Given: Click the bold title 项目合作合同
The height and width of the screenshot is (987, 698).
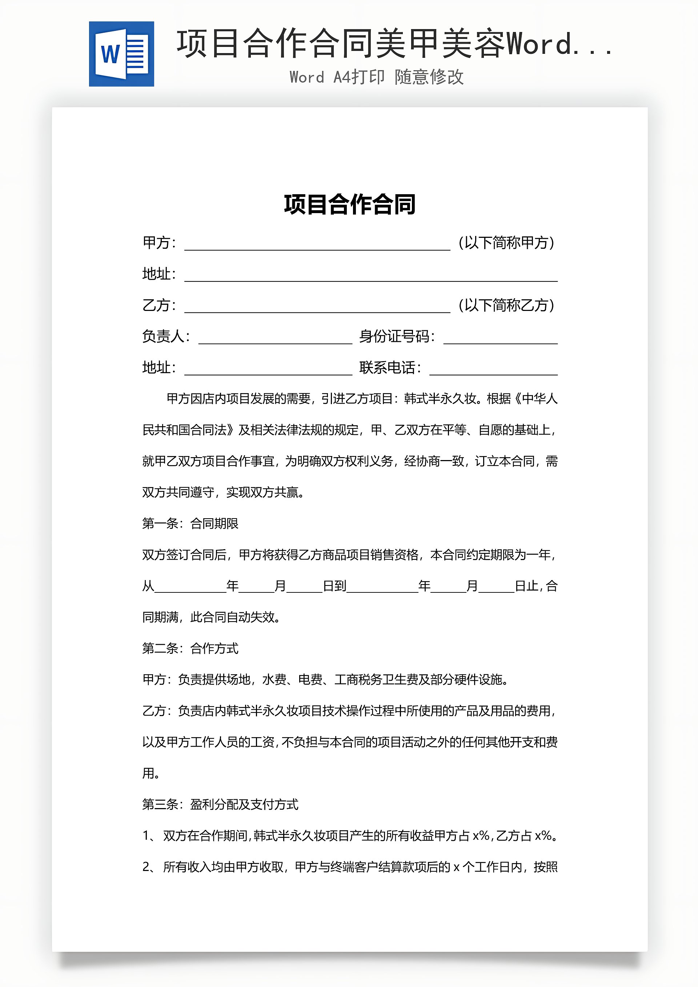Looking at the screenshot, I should (349, 205).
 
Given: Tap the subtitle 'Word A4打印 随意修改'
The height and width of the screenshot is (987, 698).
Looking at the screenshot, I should (377, 77).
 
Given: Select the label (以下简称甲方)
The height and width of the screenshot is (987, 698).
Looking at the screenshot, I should (506, 243).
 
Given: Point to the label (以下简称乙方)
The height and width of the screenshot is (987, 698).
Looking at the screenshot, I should (506, 305).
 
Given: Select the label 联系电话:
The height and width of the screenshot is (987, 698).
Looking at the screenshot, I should (390, 368).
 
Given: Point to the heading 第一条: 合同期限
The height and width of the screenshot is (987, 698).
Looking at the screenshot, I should (190, 524).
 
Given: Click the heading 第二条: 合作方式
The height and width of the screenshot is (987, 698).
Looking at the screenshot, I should (190, 648).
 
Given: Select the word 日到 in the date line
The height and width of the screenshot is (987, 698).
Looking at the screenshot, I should (334, 586).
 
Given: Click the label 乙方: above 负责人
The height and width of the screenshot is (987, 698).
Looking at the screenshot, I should (159, 305).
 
